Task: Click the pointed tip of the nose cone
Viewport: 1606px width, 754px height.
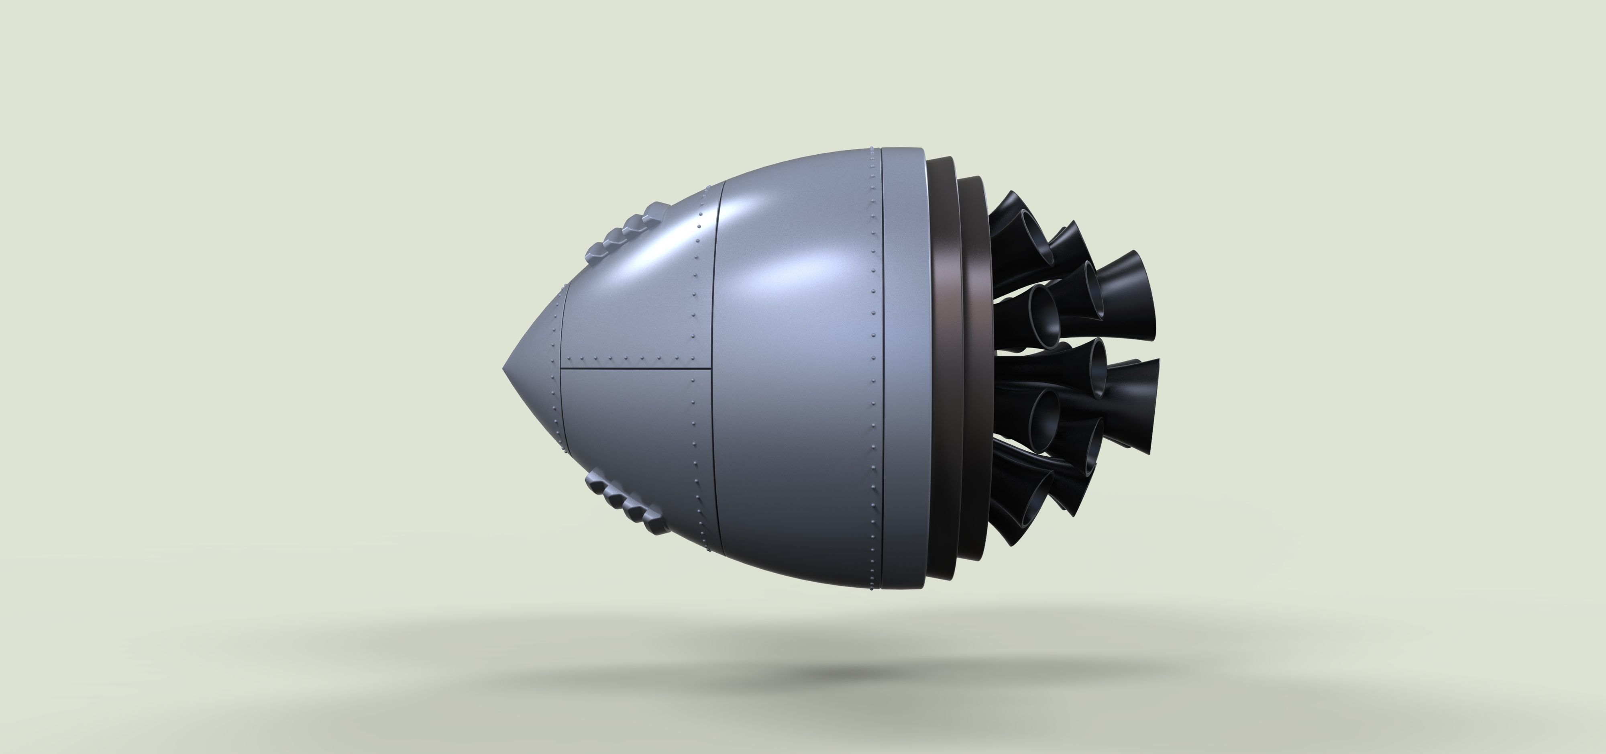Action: tap(504, 368)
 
